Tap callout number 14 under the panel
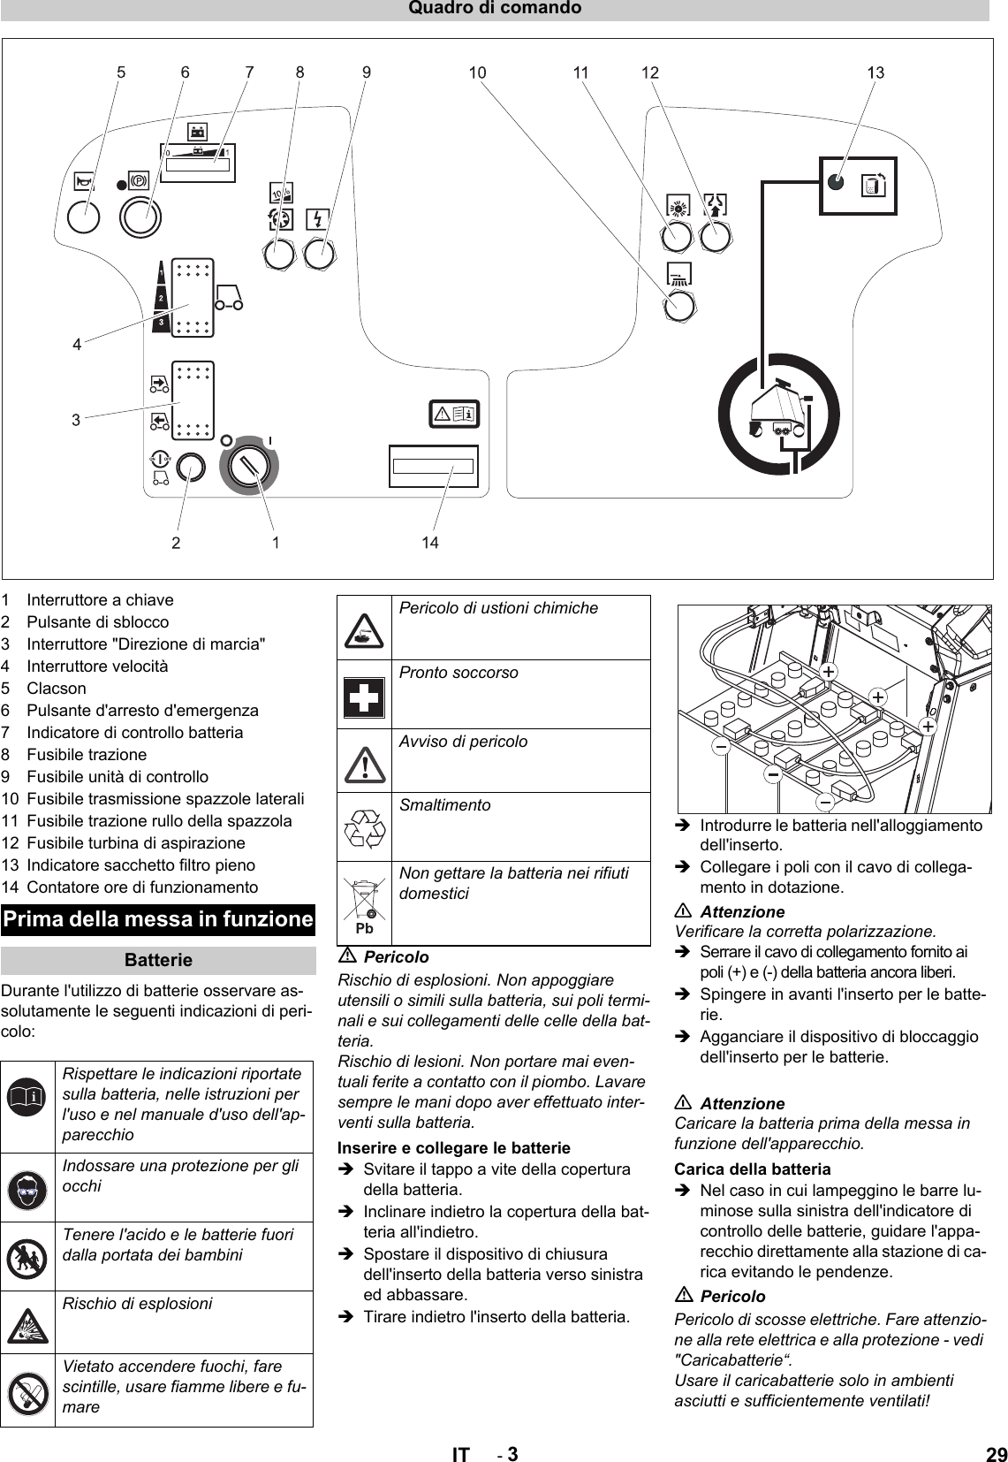point(429,543)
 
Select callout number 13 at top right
point(875,73)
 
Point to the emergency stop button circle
point(140,216)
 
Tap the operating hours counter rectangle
point(434,467)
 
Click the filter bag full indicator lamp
point(837,183)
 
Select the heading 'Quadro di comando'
point(495,9)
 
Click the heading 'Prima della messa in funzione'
point(158,919)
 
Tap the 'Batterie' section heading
point(158,960)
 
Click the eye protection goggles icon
point(27,1188)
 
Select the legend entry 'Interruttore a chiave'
point(100,599)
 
